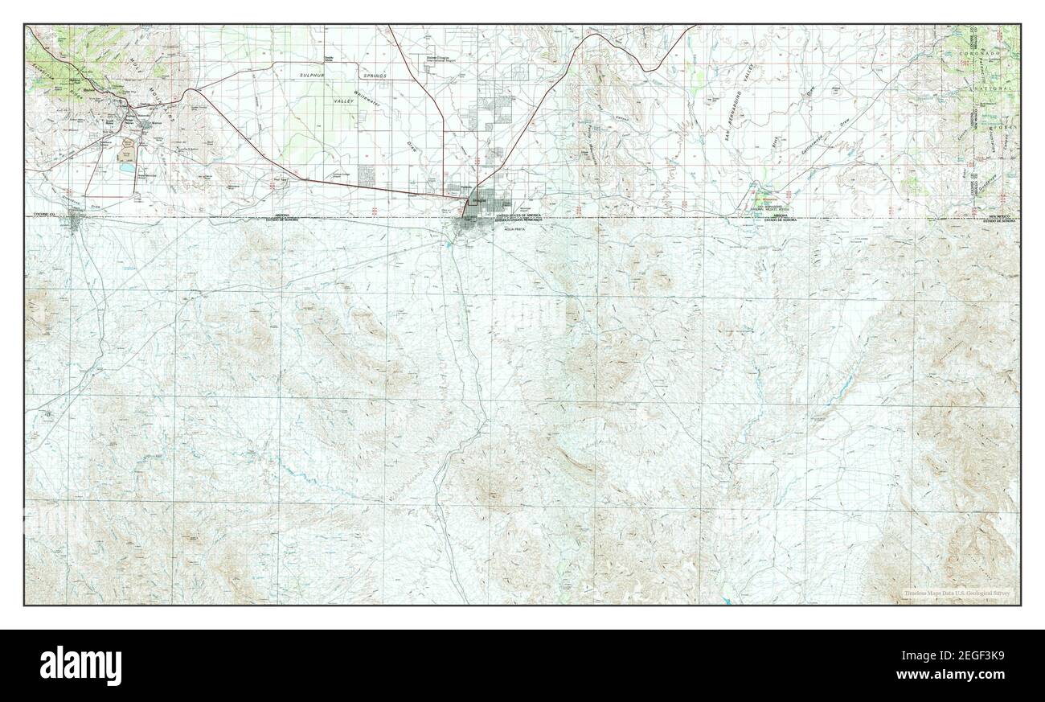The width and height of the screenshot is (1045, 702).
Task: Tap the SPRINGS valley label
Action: pos(374,76)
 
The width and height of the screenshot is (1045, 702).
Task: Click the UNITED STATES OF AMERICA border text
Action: pos(518,216)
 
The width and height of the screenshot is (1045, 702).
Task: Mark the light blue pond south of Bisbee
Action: pos(126,170)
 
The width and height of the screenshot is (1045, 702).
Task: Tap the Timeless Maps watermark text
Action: pos(957,593)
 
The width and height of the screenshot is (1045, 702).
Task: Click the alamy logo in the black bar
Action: pos(81,665)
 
